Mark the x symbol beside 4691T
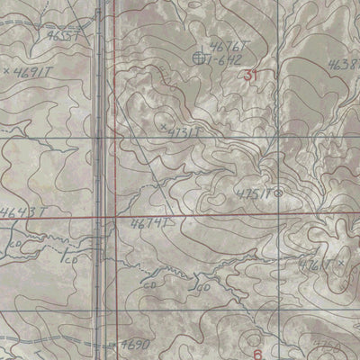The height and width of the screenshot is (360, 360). [6, 68]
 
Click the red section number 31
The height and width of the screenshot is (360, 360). [250, 77]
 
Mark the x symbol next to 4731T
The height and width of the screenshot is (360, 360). [162, 130]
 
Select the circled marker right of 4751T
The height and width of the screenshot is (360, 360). [277, 192]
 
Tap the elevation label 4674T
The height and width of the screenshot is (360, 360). [149, 222]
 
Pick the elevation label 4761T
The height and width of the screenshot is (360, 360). [317, 265]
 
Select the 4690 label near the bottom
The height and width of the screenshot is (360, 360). [135, 345]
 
